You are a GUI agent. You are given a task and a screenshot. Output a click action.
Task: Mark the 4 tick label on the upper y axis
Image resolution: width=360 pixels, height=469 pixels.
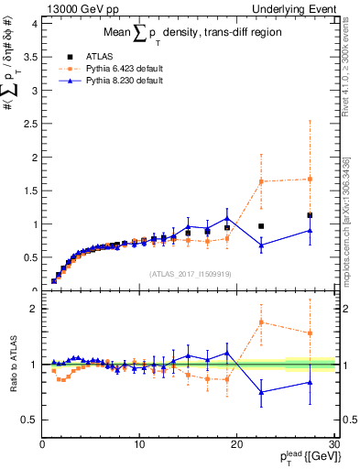coord(34,24)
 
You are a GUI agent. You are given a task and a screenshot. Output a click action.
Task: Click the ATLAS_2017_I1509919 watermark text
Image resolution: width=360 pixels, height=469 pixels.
coord(189,274)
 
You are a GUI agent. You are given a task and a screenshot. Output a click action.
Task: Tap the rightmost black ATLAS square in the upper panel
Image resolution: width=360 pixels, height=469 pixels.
coord(310,215)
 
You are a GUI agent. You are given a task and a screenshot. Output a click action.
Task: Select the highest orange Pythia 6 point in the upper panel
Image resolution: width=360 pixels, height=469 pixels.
coord(310,179)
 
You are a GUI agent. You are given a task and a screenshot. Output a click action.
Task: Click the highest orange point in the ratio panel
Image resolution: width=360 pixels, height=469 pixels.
coord(261,322)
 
